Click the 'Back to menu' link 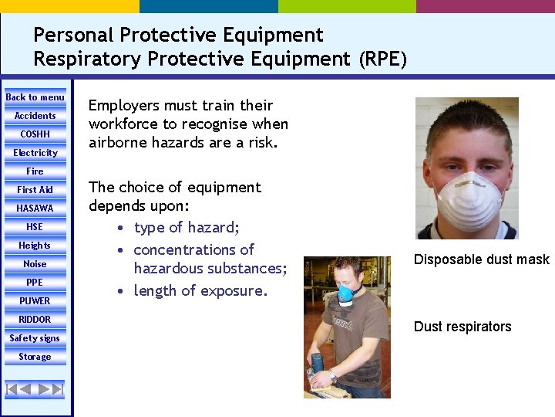pyautogui.click(x=35, y=97)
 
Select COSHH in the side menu pyautogui.click(x=35, y=134)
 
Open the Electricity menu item pyautogui.click(x=35, y=153)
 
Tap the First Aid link pyautogui.click(x=35, y=190)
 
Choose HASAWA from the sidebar pyautogui.click(x=35, y=208)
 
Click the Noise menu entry pyautogui.click(x=35, y=264)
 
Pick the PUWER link pyautogui.click(x=35, y=301)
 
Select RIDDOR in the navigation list pyautogui.click(x=35, y=320)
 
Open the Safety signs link pyautogui.click(x=35, y=338)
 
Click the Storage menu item pyautogui.click(x=35, y=357)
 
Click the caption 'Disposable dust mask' pyautogui.click(x=481, y=259)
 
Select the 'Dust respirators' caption pyautogui.click(x=462, y=327)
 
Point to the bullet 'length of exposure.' pyautogui.click(x=200, y=291)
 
